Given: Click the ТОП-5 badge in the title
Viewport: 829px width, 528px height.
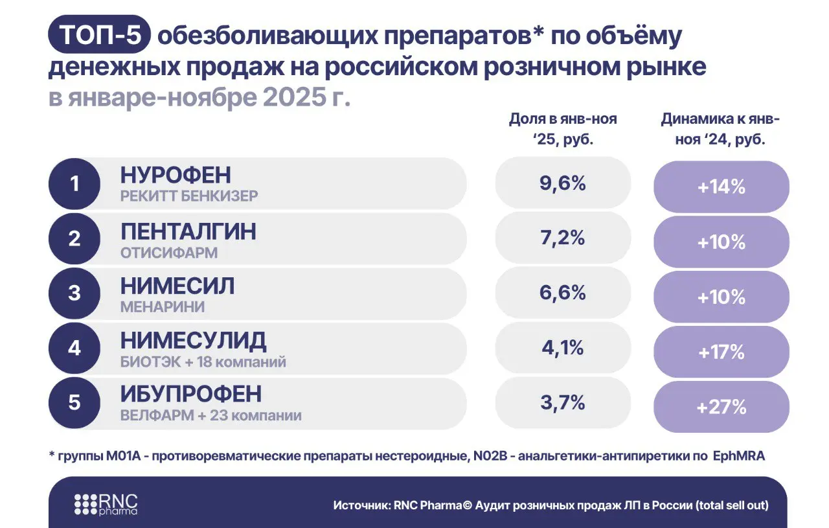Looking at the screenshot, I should pyautogui.click(x=99, y=36).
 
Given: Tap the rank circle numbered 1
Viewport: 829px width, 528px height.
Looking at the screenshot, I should pyautogui.click(x=74, y=184).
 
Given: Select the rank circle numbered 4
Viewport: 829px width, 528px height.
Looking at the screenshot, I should pyautogui.click(x=74, y=348).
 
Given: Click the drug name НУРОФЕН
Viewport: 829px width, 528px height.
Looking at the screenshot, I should pyautogui.click(x=176, y=176).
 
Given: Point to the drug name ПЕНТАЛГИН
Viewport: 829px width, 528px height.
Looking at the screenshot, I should pyautogui.click(x=188, y=231).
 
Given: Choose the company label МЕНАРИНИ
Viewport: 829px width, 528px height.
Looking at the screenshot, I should pyautogui.click(x=163, y=308).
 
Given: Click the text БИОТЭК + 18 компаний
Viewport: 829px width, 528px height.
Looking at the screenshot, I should pyautogui.click(x=203, y=362).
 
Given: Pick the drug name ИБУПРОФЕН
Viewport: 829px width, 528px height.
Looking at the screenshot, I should pyautogui.click(x=191, y=395).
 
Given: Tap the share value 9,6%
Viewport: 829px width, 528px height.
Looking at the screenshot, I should pyautogui.click(x=562, y=183).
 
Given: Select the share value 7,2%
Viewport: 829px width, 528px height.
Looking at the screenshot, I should pyautogui.click(x=562, y=238).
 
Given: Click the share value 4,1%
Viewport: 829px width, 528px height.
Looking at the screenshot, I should pyautogui.click(x=562, y=348).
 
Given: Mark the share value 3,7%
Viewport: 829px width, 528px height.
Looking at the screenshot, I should pyautogui.click(x=562, y=402).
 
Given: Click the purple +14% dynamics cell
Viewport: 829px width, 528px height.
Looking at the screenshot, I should pyautogui.click(x=721, y=187).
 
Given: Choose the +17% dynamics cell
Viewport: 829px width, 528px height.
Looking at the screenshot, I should pyautogui.click(x=721, y=352).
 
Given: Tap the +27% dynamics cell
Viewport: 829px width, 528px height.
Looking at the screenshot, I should pyautogui.click(x=721, y=407).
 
